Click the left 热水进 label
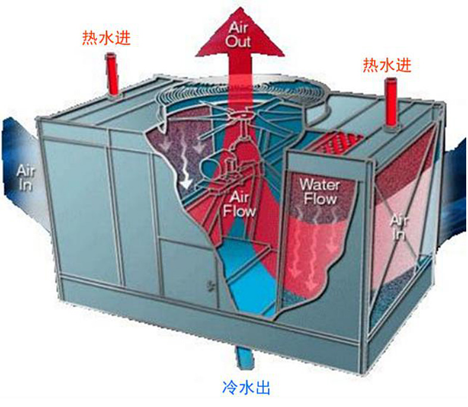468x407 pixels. click(106, 38)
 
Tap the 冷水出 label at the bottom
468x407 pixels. click(246, 389)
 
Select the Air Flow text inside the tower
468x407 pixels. click(239, 204)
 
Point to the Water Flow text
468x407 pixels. click(319, 191)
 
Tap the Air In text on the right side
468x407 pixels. click(400, 226)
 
